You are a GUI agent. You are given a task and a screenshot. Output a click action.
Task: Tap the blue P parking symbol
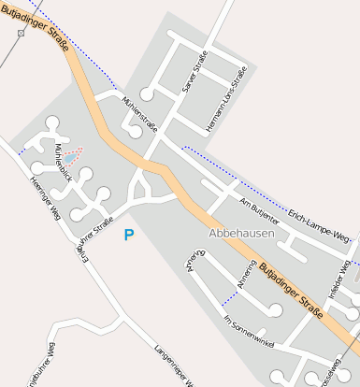click(x=129, y=236)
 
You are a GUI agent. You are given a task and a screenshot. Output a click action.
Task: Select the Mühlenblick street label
click(x=63, y=161)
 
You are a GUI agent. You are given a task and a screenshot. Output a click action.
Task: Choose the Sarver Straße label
click(x=194, y=74)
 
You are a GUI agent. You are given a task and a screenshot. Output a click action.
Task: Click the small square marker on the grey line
click(x=21, y=34)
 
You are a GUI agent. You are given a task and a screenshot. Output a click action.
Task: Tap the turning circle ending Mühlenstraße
click(x=136, y=132)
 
